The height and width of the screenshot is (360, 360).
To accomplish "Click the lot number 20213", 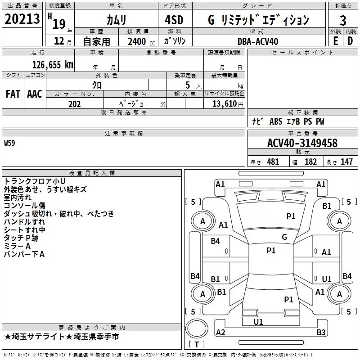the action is pos(22,19).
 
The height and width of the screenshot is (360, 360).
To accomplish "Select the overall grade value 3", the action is pos(343,21).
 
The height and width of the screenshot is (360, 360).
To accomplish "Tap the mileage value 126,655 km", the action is pos(53,65).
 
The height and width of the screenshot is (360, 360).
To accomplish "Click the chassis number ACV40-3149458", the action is pos(302,143).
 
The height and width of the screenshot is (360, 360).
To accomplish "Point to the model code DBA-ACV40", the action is pos(258,41).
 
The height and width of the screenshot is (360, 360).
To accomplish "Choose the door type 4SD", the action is pos(174,20).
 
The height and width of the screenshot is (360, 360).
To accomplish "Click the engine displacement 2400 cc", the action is pos(141,41).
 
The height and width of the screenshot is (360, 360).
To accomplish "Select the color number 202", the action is pos(75,104).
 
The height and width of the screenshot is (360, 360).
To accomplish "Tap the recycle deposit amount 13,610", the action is pos(225,104).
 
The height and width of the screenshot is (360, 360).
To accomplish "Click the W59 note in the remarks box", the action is pos(9,143).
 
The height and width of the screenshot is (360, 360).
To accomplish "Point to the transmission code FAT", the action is pos(13,94).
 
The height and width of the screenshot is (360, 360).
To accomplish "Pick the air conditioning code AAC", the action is pos(35,94).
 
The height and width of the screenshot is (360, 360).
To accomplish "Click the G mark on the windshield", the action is pos(284,237).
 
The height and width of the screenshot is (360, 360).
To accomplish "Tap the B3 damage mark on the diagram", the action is pos(321,332).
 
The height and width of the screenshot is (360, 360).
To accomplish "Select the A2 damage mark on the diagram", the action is pos(220,332).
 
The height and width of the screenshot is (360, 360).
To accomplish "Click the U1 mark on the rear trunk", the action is pos(258,322).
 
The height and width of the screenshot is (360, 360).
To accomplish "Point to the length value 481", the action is pos(273,162).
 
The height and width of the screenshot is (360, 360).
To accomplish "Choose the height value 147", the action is pos(346,162).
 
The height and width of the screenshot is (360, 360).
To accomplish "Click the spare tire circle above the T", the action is pos(197,328).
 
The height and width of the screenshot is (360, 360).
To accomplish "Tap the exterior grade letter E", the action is pos(335,41).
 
